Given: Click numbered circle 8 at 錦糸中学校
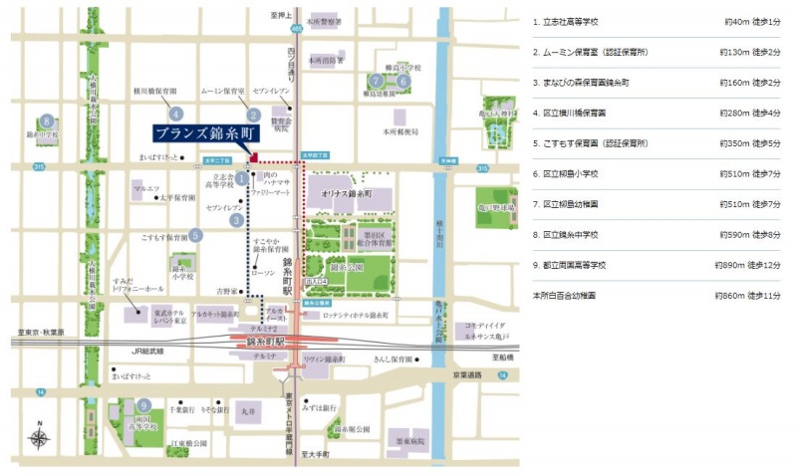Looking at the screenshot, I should point(46,119).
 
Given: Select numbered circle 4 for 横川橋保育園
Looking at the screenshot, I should point(176,113).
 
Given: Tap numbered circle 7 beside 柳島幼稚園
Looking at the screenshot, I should point(377,81).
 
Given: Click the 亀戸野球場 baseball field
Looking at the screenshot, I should point(496,207).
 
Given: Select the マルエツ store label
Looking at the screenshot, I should point(145,187).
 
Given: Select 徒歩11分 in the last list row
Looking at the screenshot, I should point(766,296).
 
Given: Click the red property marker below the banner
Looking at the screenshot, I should point(254,156).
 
